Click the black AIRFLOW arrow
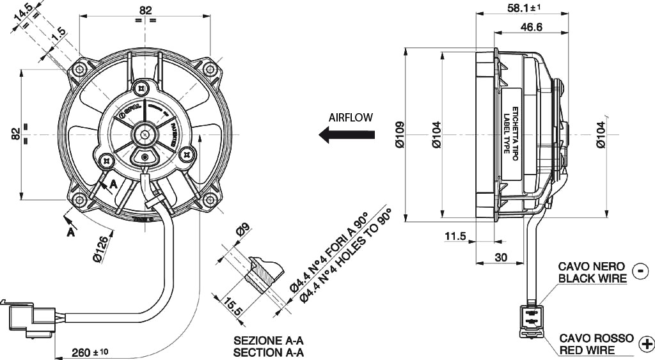[347, 134]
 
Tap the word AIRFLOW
[351, 118]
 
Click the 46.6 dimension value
[532, 27]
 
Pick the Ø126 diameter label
[103, 249]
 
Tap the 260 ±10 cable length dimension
[90, 352]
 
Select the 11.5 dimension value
[455, 237]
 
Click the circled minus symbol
[639, 272]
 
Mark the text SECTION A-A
[268, 352]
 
